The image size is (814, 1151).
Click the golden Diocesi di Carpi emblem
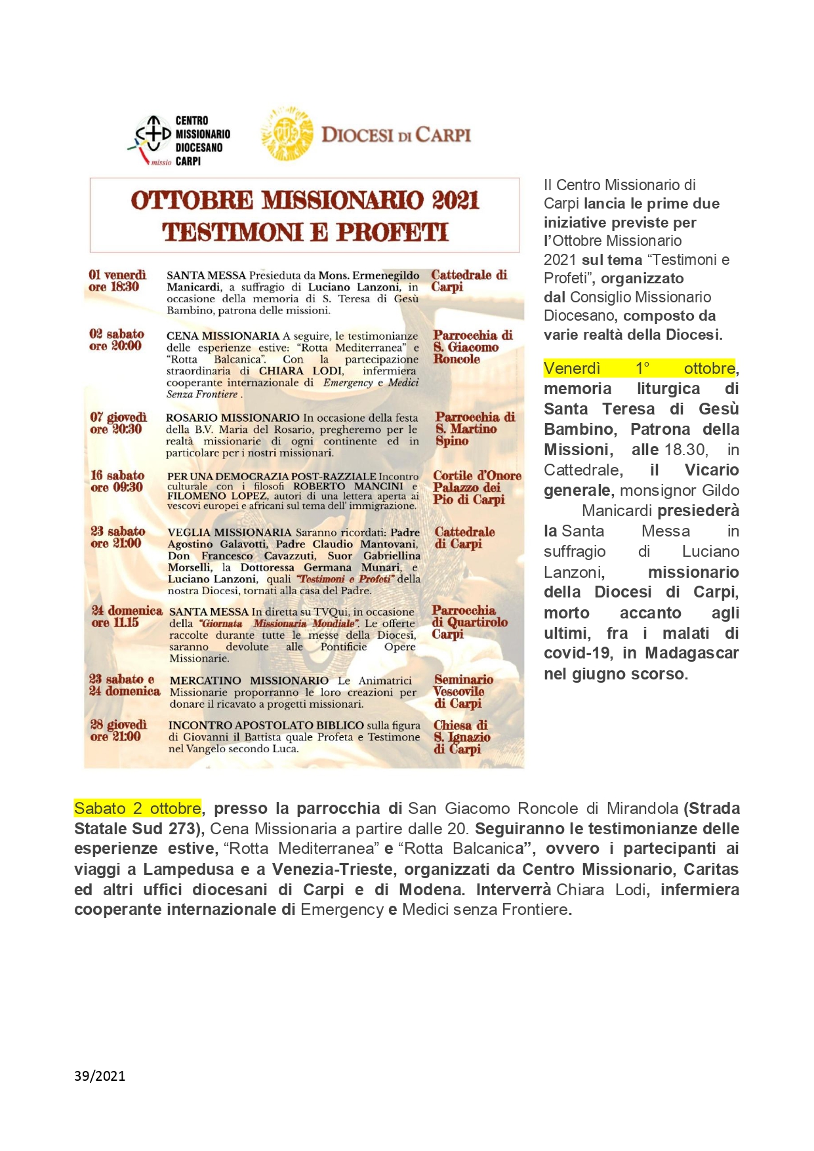pos(287,134)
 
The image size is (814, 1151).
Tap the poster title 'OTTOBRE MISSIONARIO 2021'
pos(305,201)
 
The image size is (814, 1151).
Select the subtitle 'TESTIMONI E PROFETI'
pos(305,232)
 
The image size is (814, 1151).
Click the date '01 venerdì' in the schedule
pos(117,275)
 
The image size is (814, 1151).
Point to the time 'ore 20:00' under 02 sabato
pos(115,346)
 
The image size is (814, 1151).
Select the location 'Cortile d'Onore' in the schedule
pos(477,476)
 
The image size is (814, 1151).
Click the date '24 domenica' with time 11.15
pos(127,611)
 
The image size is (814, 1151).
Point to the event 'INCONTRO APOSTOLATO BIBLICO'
pos(266,725)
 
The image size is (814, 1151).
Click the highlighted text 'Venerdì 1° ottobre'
pos(640,368)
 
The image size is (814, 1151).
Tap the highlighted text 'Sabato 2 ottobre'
pos(138,808)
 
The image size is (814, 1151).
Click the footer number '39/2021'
pos(100,1076)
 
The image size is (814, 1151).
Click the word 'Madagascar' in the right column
pos(692,653)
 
